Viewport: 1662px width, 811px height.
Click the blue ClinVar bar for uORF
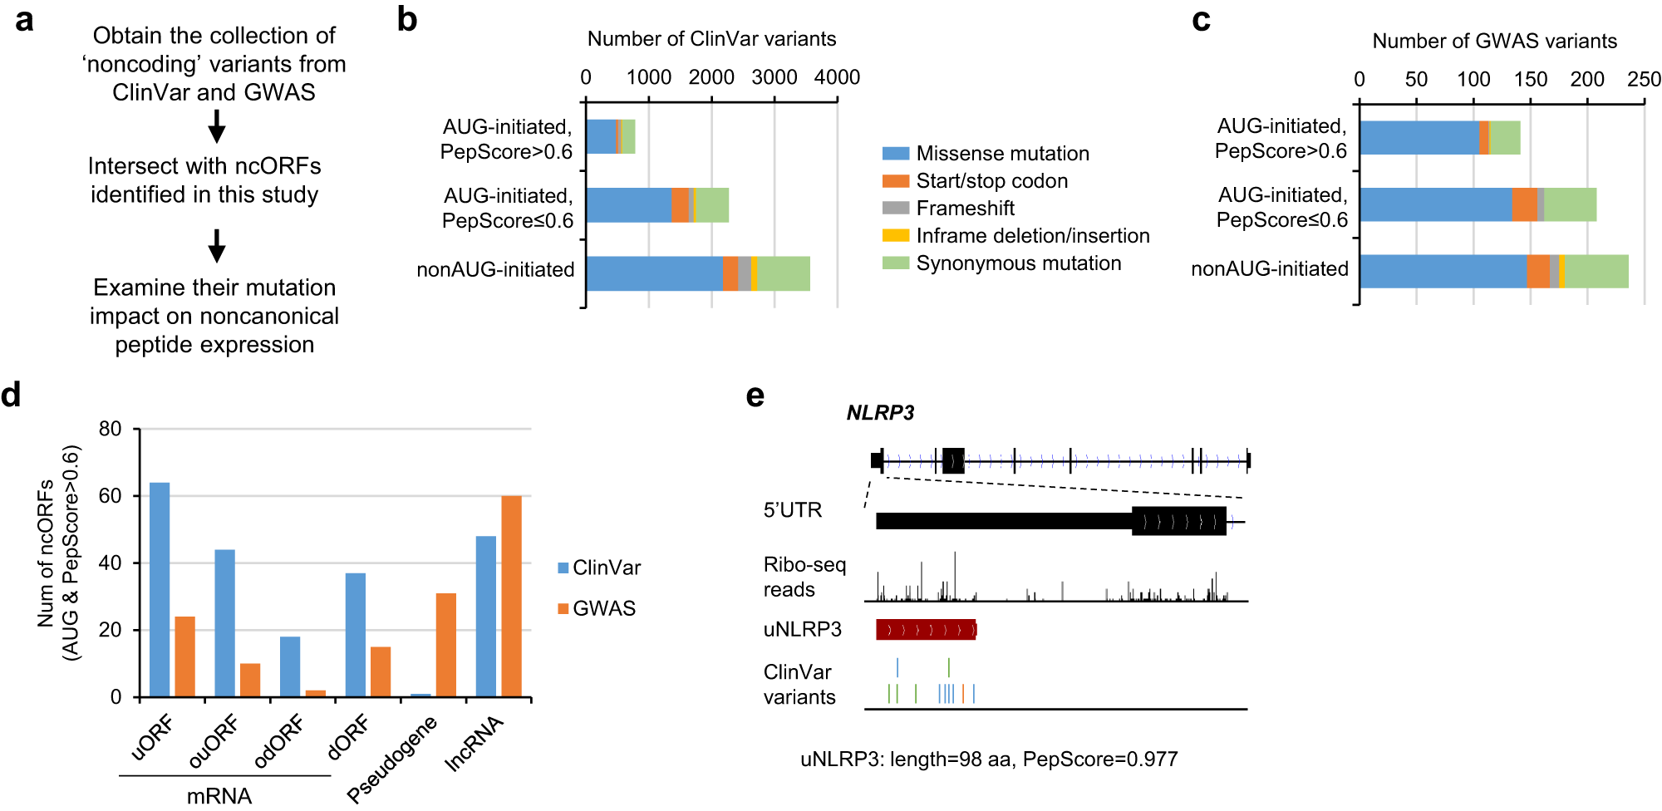160,589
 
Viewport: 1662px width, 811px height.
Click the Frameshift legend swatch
895,208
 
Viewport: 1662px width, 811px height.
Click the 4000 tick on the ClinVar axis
837,77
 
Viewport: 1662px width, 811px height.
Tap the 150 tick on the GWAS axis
1530,79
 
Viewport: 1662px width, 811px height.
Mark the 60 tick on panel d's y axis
110,496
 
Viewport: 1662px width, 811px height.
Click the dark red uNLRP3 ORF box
926,630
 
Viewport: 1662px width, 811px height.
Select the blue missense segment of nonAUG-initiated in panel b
654,273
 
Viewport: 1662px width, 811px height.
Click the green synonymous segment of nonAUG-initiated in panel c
1596,272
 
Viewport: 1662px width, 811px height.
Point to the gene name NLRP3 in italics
880,413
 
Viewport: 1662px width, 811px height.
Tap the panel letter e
755,396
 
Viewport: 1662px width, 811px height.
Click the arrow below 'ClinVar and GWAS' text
217,126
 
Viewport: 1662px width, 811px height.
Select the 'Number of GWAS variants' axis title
1494,41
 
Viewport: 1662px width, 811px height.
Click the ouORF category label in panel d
214,742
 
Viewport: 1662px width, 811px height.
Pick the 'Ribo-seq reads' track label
804,577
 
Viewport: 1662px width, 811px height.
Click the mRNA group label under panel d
219,795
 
